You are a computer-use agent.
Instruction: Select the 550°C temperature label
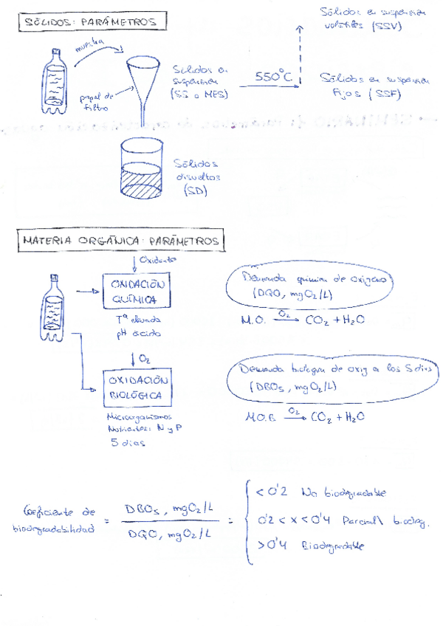tap(273, 77)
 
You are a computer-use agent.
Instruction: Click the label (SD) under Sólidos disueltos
tap(196, 190)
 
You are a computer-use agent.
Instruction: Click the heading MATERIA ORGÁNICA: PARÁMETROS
tap(120, 241)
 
